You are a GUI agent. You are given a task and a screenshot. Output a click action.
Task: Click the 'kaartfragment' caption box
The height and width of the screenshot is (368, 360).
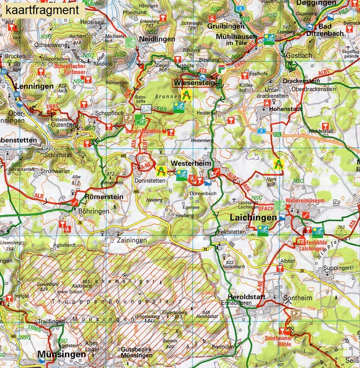pyautogui.click(x=43, y=10)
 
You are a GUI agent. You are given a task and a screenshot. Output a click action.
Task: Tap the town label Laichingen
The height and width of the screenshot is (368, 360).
pyautogui.click(x=253, y=218)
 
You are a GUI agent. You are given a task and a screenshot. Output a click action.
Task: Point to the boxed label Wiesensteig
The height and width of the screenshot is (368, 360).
pyautogui.click(x=195, y=83)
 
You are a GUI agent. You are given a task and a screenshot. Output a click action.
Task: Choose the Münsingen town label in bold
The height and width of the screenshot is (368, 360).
pyautogui.click(x=61, y=354)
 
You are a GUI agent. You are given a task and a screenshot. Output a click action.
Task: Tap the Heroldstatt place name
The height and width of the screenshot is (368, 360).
pyautogui.click(x=247, y=297)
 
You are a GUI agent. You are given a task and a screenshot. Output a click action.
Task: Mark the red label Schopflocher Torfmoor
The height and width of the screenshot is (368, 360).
pyautogui.click(x=70, y=68)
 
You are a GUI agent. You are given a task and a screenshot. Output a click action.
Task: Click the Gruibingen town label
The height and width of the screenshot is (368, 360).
pyautogui.click(x=225, y=26)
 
